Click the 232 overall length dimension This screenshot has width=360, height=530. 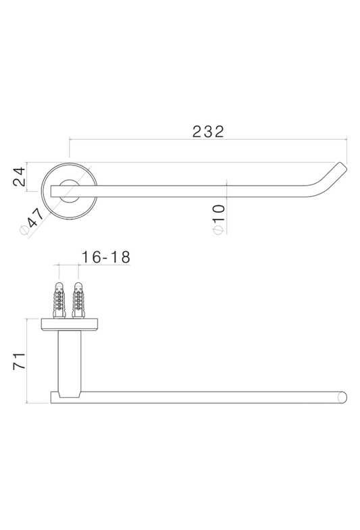click(x=208, y=132)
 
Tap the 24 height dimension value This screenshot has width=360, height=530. click(x=20, y=176)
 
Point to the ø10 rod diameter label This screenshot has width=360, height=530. click(x=218, y=219)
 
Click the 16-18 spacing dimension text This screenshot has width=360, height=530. click(x=106, y=257)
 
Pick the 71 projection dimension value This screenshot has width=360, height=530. click(x=20, y=361)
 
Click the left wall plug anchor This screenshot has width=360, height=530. click(x=59, y=300)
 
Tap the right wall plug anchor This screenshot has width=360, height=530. click(x=78, y=300)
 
